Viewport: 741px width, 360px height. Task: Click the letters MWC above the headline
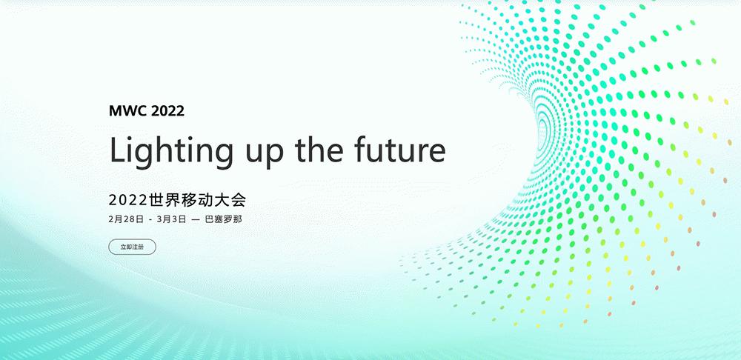128,111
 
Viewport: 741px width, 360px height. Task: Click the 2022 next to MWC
167,111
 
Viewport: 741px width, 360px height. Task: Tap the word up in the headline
265,153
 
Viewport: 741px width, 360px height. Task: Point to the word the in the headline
319,149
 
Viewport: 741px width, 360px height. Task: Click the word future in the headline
400,149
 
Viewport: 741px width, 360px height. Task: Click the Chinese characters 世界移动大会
197,200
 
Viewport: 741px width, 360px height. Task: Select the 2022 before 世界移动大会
127,200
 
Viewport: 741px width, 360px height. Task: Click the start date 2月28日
126,219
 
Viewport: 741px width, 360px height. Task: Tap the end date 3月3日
171,219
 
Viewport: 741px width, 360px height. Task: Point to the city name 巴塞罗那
224,219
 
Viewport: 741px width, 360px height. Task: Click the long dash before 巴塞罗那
196,220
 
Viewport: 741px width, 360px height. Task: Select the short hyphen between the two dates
150,220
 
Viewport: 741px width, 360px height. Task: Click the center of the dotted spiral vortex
542,127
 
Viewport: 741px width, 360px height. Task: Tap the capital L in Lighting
118,150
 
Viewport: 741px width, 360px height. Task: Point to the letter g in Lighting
145,156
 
